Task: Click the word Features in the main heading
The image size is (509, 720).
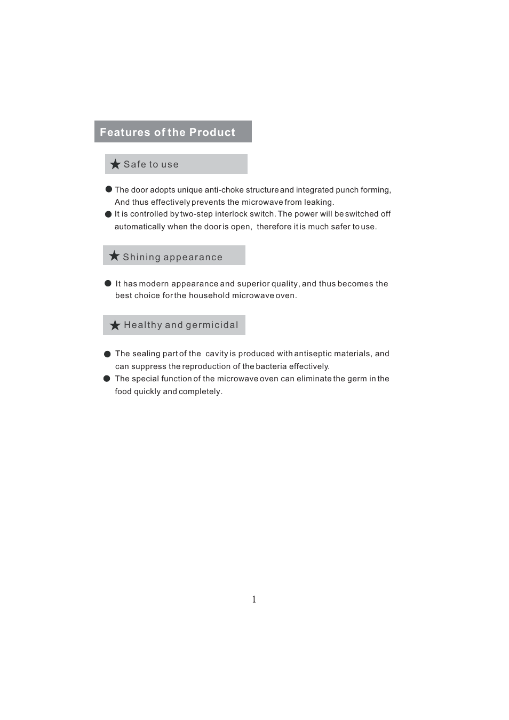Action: click(x=125, y=132)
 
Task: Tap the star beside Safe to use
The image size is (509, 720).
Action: click(x=115, y=164)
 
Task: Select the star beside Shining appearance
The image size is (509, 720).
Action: click(x=114, y=256)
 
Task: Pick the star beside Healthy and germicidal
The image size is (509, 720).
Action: click(x=115, y=325)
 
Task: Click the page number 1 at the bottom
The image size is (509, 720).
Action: click(x=254, y=599)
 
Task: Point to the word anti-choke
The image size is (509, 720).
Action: click(x=224, y=190)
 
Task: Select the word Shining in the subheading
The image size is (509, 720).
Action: click(x=141, y=257)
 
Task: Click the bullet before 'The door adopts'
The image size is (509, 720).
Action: click(x=109, y=189)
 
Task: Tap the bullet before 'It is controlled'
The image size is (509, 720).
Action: click(x=108, y=214)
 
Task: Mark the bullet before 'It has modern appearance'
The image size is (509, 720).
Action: click(x=108, y=284)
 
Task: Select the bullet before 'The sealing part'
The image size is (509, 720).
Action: click(x=107, y=354)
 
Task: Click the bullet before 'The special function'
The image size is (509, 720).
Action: click(x=107, y=379)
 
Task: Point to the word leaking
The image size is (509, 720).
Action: click(x=319, y=202)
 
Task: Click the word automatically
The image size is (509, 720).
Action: click(x=140, y=227)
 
